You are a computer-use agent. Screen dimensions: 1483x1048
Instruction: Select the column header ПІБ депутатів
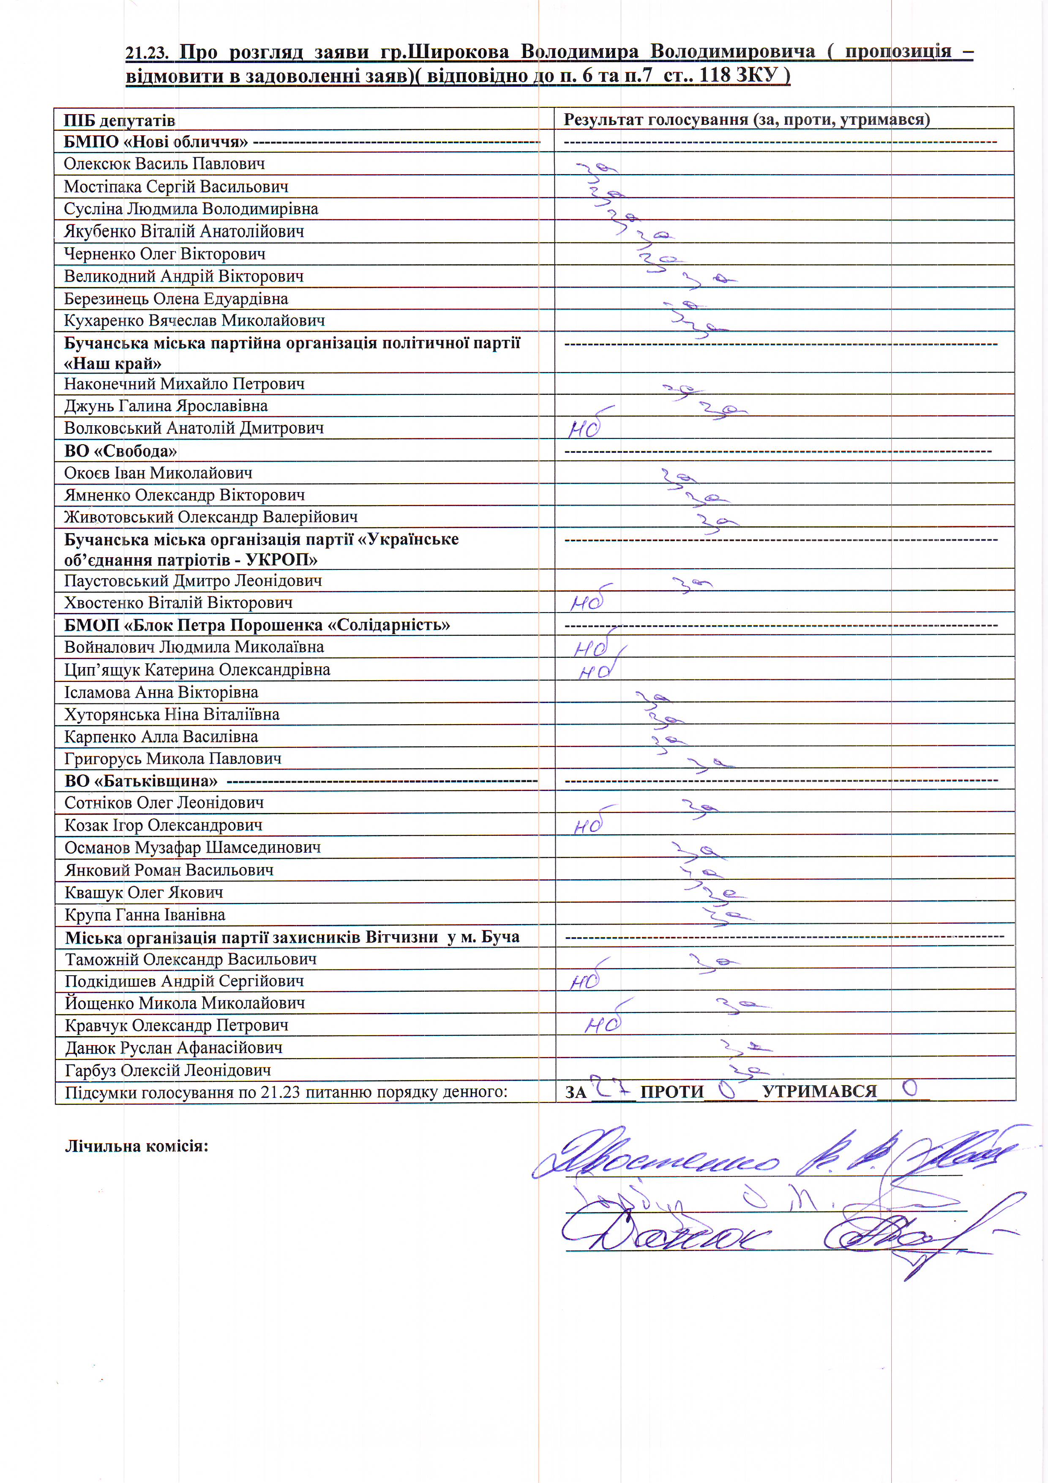(x=120, y=121)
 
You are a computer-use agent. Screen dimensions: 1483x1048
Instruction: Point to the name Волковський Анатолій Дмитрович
(x=194, y=428)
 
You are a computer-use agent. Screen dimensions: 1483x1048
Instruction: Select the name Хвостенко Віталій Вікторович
(x=178, y=603)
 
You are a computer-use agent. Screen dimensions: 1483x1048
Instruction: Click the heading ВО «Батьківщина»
(x=141, y=781)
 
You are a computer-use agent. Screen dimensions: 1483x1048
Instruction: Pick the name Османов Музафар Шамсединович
(x=192, y=848)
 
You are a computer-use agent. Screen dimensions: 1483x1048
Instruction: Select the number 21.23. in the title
(x=147, y=53)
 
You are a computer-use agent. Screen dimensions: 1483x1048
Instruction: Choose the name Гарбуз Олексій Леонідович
(x=168, y=1070)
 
